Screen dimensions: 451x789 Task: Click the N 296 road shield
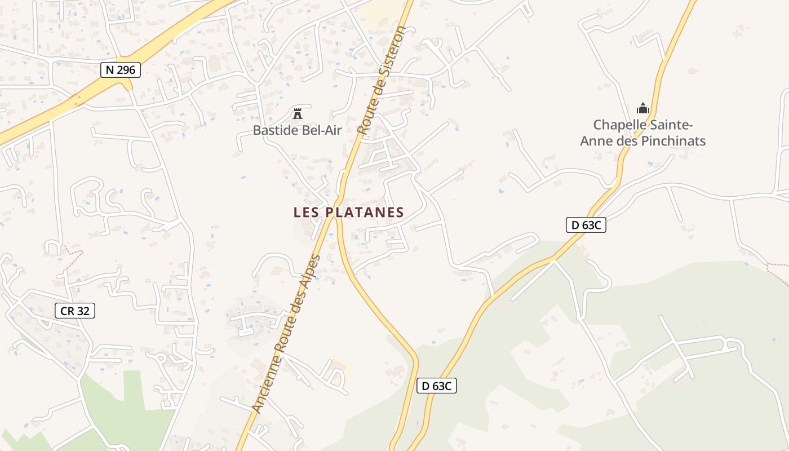(121, 70)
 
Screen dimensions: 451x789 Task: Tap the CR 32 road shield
(75, 311)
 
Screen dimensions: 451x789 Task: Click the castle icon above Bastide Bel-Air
(297, 113)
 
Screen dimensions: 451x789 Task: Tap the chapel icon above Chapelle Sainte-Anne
(642, 108)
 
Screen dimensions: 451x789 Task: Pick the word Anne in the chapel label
(596, 141)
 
